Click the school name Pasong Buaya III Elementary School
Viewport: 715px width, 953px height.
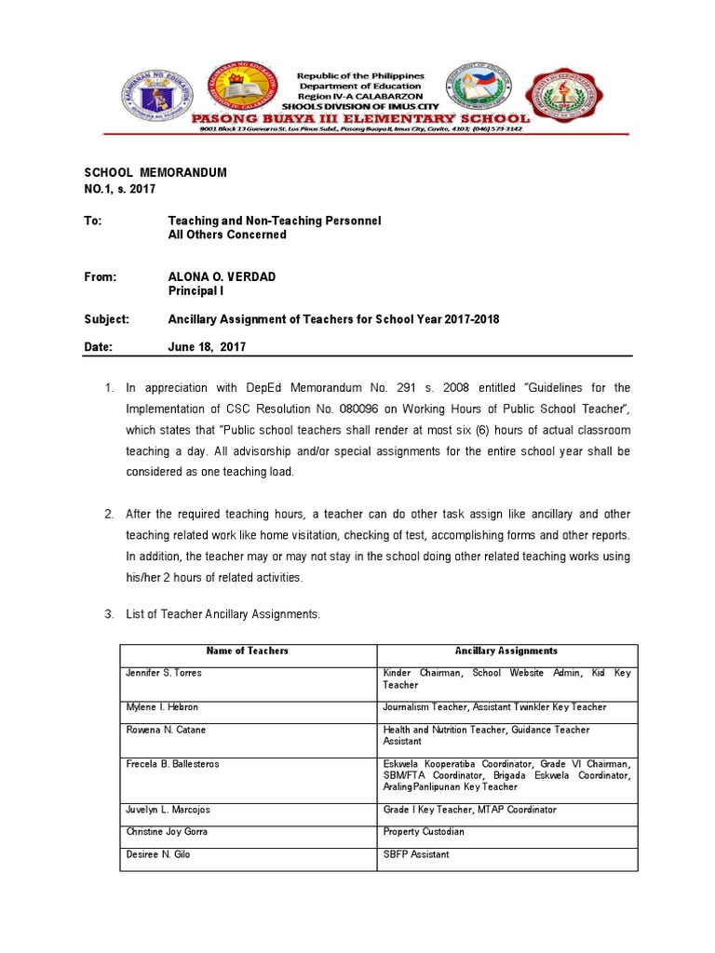(x=359, y=118)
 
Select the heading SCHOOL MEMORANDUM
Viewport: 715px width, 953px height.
(x=155, y=174)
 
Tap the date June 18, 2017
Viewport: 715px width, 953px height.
(x=207, y=347)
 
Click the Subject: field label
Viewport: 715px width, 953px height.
(x=107, y=319)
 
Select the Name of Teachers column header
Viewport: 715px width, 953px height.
(x=248, y=651)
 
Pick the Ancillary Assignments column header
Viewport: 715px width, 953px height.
(x=506, y=651)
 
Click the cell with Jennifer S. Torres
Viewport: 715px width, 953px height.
(x=164, y=673)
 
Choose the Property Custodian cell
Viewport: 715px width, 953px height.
(x=424, y=832)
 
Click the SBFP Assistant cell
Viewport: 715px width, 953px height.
(x=416, y=854)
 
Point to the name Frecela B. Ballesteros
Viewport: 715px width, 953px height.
(x=172, y=764)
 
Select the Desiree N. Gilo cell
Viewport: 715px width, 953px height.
(x=158, y=854)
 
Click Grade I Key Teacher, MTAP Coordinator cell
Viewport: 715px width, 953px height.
(x=469, y=810)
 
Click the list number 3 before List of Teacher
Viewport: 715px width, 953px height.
(x=108, y=614)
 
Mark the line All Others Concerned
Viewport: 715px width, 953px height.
(x=226, y=235)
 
